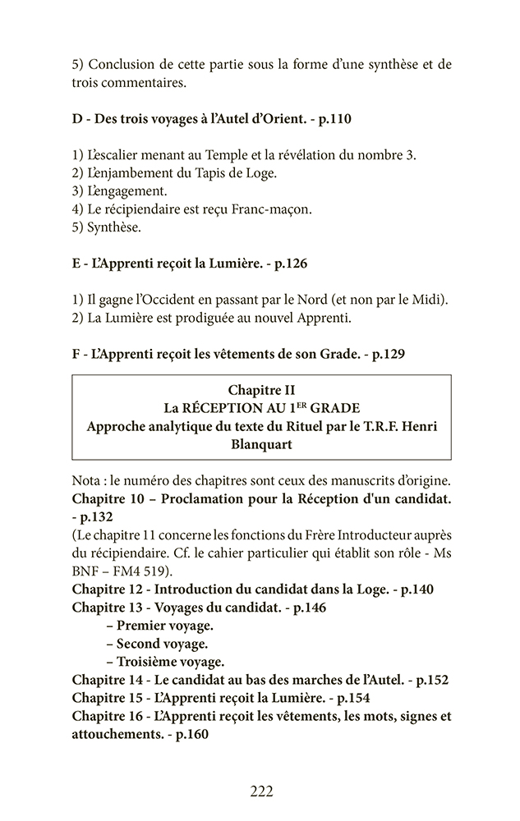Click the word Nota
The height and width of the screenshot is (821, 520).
[88, 479]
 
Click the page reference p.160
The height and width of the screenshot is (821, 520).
[190, 734]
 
